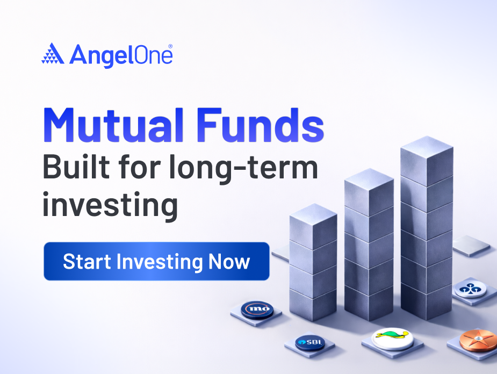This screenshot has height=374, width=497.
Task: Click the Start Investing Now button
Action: pos(156,262)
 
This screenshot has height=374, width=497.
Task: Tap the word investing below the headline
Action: pos(110,205)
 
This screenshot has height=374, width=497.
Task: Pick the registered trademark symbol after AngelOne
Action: pos(170,47)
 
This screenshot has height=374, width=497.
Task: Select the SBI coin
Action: pos(309,342)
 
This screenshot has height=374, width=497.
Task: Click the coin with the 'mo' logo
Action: pos(257,310)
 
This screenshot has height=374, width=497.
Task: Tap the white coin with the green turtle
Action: pos(392,337)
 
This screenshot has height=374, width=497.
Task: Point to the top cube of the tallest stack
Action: pos(427,160)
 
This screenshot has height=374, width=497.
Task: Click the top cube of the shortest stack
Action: pos(313,225)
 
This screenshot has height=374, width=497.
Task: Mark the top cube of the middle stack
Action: pos(369,191)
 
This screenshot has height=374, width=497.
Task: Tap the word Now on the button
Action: pos(229,262)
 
